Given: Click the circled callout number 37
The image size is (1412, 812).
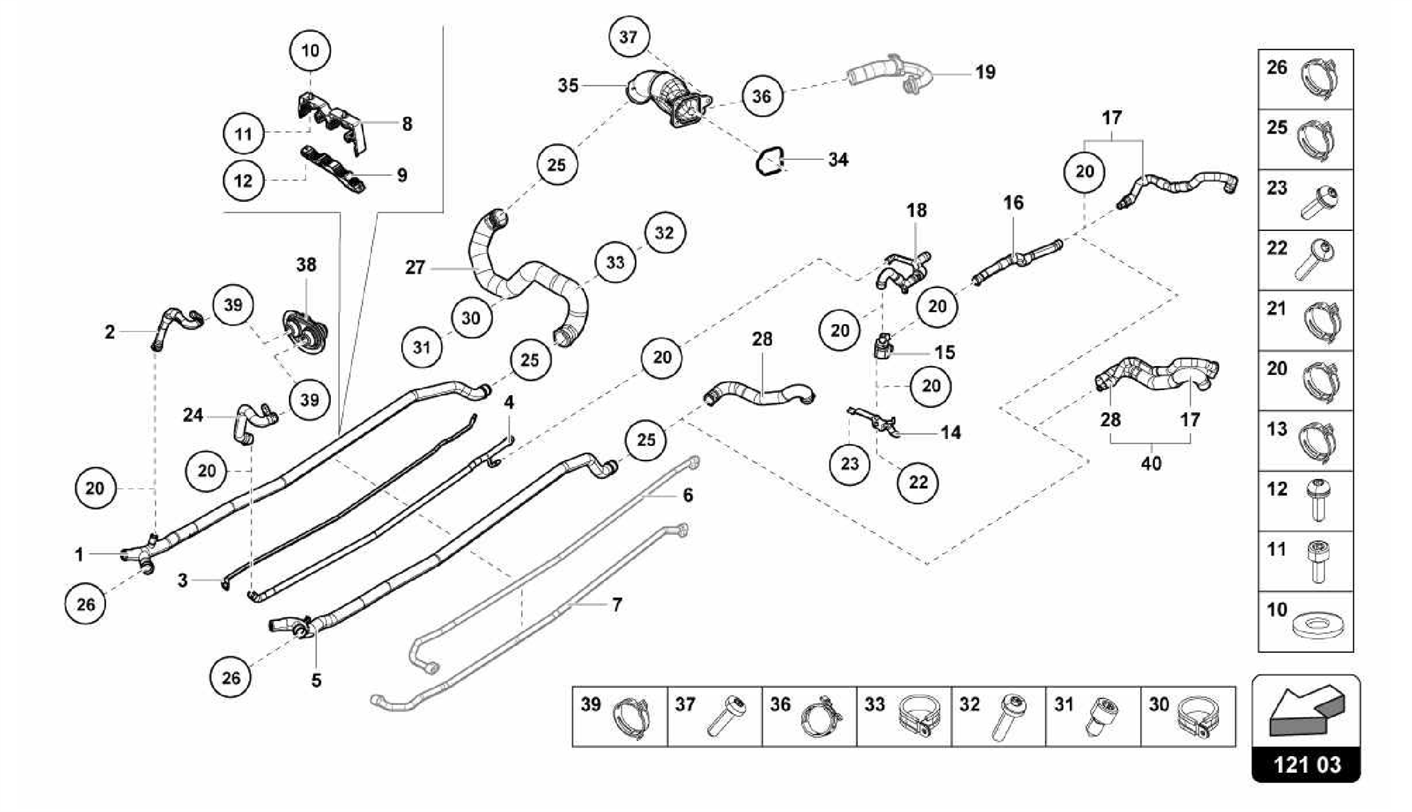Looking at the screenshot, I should (628, 37).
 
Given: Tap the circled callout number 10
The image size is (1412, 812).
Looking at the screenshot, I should (310, 50).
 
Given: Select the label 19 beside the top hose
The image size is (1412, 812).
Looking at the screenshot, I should (985, 72).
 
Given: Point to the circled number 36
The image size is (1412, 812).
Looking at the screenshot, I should (761, 96).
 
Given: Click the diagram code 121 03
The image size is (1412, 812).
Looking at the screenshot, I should (1307, 765).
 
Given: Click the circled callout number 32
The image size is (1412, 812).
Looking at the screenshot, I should (664, 232).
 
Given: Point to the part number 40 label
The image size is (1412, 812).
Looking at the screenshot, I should (1151, 463).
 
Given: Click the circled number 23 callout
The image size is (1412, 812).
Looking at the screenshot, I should (849, 463).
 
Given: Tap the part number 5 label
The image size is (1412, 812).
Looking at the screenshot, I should (316, 680).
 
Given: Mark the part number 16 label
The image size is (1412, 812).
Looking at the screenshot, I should (1013, 203).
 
